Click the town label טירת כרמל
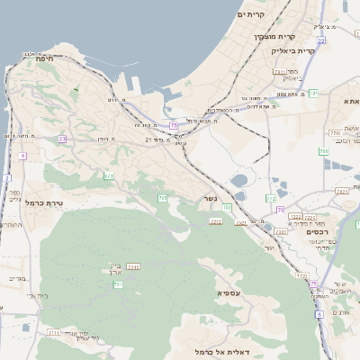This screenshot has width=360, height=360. [43, 204]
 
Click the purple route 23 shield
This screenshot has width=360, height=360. [62, 139]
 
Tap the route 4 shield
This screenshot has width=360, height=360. [21, 156]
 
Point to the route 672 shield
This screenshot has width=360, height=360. [109, 176]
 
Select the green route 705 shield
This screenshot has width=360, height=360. [162, 198]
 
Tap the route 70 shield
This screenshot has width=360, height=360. [281, 210]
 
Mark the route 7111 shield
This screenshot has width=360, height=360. [54, 333]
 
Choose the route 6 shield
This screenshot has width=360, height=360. [319, 315]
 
